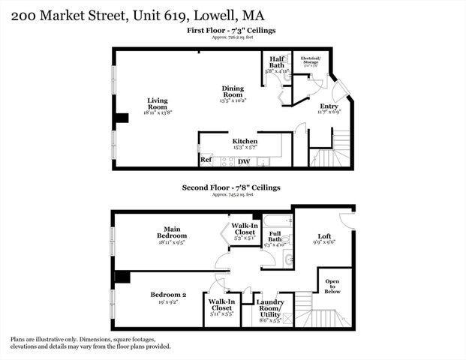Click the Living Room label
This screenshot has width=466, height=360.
click(x=157, y=103)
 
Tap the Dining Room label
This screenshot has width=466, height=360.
click(x=233, y=91)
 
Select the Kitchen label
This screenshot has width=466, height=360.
click(x=245, y=141)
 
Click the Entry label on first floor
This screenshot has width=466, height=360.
click(x=329, y=106)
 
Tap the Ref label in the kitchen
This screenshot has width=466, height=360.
click(x=205, y=160)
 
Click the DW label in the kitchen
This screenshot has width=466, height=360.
click(x=244, y=161)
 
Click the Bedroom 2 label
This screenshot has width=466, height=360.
click(x=167, y=294)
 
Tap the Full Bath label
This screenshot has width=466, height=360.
click(x=275, y=238)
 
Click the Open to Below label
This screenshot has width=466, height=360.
click(x=331, y=287)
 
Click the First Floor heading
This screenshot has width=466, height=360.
click(x=233, y=30)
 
